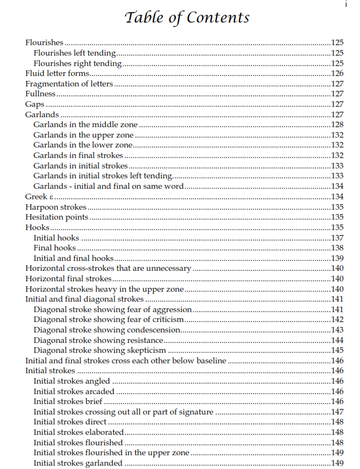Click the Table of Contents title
pyautogui.click(x=187, y=18)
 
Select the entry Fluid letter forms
pyautogui.click(x=58, y=74)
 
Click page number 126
pyautogui.click(x=337, y=74)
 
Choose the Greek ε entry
pyautogui.click(x=40, y=197)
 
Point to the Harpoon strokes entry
pyautogui.click(x=56, y=207)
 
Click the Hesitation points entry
pyautogui.click(x=57, y=217)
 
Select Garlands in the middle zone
pyautogui.click(x=85, y=125)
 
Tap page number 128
pyautogui.click(x=337, y=125)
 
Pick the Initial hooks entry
pyautogui.click(x=56, y=238)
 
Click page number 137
pyautogui.click(x=337, y=238)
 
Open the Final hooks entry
pyautogui.click(x=54, y=248)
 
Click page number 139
pyautogui.click(x=337, y=258)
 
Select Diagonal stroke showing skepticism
pyautogui.click(x=100, y=351)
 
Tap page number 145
pyautogui.click(x=337, y=351)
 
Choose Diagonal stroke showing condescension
pyautogui.click(x=107, y=330)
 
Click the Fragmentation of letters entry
pyautogui.click(x=69, y=84)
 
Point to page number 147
pyautogui.click(x=337, y=412)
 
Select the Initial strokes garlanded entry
pyautogui.click(x=78, y=463)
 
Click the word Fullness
pyautogui.click(x=41, y=94)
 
